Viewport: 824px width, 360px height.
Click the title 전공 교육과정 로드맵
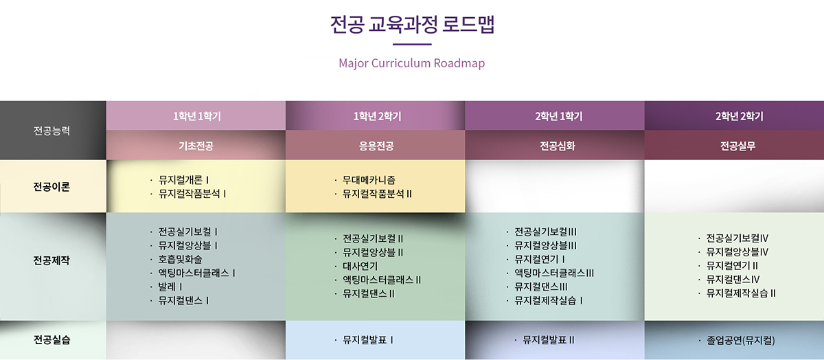412,24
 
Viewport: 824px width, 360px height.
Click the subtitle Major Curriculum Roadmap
411,63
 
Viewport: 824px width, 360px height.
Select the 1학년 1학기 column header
197,116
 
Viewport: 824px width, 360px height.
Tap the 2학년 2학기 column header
740,116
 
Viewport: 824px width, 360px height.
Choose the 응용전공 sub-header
376,146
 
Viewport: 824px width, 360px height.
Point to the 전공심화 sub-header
558,146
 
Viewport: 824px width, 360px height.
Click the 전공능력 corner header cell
52,131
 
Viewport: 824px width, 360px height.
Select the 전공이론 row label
51,187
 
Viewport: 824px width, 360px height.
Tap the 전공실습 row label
52,339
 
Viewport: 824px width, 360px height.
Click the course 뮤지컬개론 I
183,180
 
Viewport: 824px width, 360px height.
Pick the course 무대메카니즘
369,180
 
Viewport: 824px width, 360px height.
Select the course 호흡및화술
180,259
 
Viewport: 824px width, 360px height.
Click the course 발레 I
170,286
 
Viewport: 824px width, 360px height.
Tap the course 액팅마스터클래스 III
554,273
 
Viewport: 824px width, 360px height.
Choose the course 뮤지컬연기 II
732,265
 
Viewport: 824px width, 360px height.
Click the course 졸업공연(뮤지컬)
741,340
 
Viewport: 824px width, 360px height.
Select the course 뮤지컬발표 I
368,340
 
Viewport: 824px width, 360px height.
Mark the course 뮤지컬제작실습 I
549,300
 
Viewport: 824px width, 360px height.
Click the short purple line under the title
412,44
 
